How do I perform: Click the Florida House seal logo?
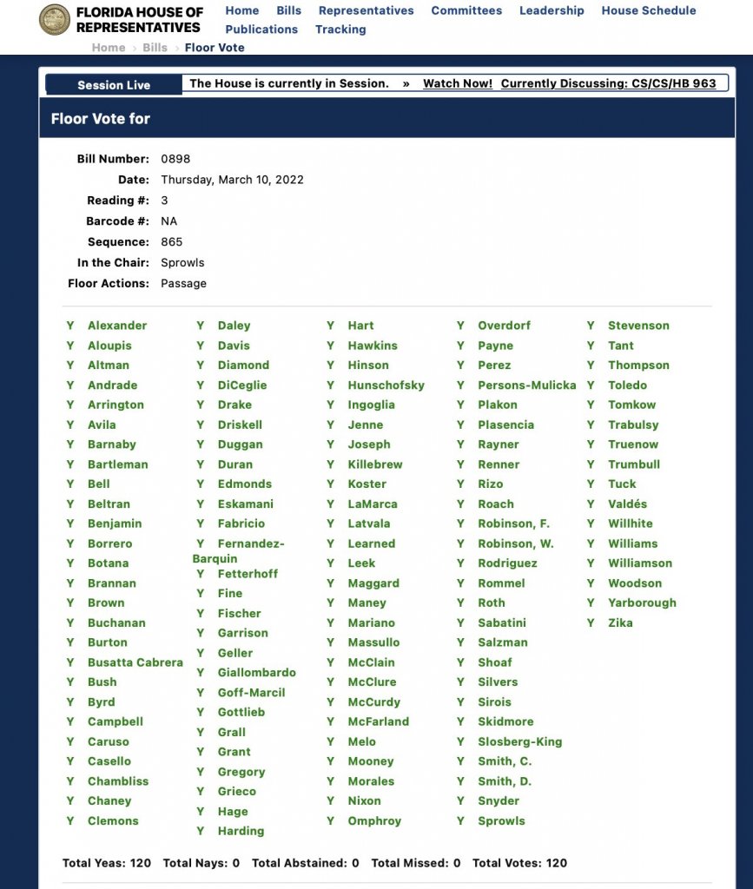(55, 20)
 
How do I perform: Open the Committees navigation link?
(466, 10)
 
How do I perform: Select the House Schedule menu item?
(648, 10)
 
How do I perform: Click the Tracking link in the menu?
(340, 30)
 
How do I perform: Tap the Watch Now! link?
(458, 83)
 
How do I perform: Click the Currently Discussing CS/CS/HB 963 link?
(608, 83)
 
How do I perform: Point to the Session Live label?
(114, 85)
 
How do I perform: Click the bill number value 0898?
(175, 159)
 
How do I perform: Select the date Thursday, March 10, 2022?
(232, 180)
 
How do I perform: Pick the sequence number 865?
(172, 242)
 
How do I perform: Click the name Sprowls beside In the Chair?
(182, 263)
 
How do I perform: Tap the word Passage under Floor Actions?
(183, 284)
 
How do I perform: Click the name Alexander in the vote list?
(117, 326)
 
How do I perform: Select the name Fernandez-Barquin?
(239, 550)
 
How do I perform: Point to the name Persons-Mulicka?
(526, 385)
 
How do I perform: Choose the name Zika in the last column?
(620, 623)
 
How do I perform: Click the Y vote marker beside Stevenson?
(591, 326)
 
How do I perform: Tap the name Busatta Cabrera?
(135, 662)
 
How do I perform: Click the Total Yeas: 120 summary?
(107, 863)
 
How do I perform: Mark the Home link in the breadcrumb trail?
(109, 48)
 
